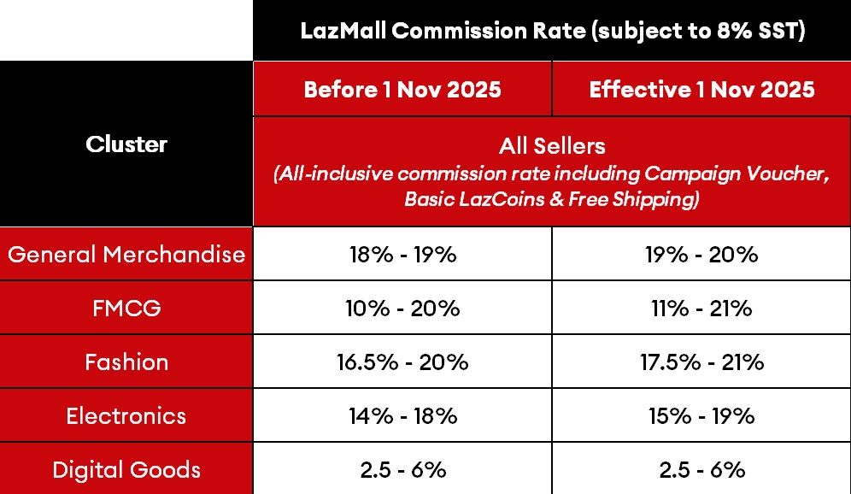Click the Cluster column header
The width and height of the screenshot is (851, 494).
pos(126,144)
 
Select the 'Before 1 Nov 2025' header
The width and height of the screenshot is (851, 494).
pos(402,89)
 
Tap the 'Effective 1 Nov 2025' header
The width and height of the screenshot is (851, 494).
pos(701,89)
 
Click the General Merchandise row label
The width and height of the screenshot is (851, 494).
pos(126,254)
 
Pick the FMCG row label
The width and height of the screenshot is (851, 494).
pos(126,308)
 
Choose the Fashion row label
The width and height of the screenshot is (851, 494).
pos(126,362)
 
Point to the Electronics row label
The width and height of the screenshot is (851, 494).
pos(126,415)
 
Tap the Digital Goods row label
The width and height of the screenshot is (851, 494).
pos(126,469)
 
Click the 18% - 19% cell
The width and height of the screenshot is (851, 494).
pos(402,254)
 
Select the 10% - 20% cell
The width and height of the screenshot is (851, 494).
pos(402,308)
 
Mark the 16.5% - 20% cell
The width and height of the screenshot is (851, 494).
pos(402,362)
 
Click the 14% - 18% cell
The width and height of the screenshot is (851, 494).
pos(402,415)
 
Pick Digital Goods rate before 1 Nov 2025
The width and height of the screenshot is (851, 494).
pos(402,469)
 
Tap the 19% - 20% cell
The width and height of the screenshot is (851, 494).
pos(701,254)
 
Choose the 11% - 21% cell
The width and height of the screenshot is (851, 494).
pos(701,308)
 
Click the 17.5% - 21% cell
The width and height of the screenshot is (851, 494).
pos(701,362)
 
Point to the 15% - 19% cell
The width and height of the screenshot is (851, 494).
pos(701,415)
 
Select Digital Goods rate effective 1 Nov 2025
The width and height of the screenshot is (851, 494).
pos(701,469)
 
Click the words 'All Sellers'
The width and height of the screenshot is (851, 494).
pos(551,146)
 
